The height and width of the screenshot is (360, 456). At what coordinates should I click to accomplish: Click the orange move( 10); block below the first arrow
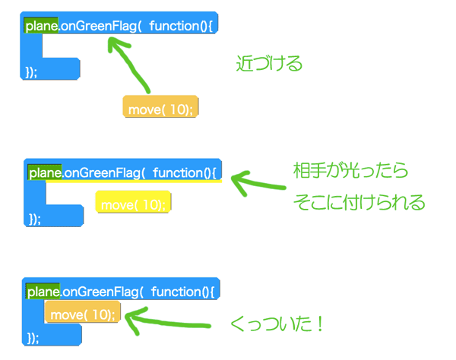(x=160, y=106)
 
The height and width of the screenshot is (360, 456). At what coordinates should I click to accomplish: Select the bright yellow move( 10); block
(x=133, y=202)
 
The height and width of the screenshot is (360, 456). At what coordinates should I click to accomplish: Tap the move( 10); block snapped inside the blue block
(x=82, y=311)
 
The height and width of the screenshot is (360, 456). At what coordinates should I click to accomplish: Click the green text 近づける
(x=269, y=63)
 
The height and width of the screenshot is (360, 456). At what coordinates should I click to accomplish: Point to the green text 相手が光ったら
(x=350, y=170)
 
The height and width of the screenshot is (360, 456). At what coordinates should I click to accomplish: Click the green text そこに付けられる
(x=359, y=202)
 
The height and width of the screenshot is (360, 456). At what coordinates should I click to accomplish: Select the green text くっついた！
(x=277, y=324)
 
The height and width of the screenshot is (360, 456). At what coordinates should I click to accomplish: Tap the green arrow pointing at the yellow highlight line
(x=258, y=183)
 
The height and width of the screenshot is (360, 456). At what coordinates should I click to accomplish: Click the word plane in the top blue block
(x=41, y=26)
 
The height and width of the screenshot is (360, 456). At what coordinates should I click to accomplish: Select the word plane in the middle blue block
(x=45, y=173)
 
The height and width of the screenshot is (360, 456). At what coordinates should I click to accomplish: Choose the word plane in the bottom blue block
(x=43, y=292)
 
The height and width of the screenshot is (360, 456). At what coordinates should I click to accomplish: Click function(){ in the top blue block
(x=181, y=26)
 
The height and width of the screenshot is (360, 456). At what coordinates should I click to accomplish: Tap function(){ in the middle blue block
(x=185, y=173)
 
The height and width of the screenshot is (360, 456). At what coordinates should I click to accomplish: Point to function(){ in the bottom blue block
(x=182, y=292)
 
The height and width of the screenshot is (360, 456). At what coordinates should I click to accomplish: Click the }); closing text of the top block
(x=31, y=71)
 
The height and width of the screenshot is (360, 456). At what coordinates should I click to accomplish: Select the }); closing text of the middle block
(x=35, y=219)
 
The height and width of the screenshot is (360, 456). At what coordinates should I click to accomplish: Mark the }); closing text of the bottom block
(x=33, y=338)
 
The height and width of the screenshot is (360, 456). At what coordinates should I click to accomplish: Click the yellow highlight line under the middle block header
(x=134, y=181)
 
